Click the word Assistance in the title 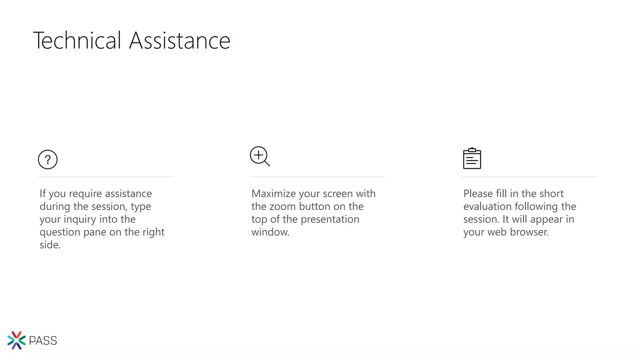tap(180, 40)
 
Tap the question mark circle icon tap(47, 160)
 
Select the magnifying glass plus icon tap(260, 156)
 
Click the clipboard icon tap(472, 159)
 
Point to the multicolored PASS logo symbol tap(16, 340)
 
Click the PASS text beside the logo tap(43, 341)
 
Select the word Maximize tap(273, 194)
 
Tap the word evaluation tap(487, 207)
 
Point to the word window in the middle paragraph tap(270, 232)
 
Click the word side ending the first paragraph tap(50, 245)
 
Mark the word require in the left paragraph tap(85, 194)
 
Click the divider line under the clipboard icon tap(529, 177)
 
